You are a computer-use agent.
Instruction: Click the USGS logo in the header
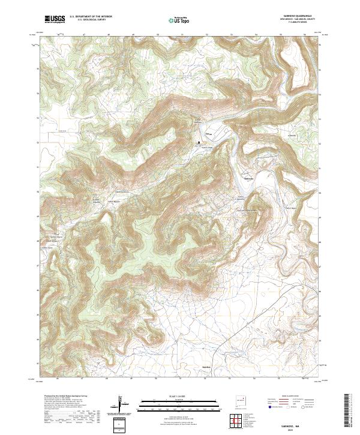tap(53, 19)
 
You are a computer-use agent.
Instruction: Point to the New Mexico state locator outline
tap(241, 400)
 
